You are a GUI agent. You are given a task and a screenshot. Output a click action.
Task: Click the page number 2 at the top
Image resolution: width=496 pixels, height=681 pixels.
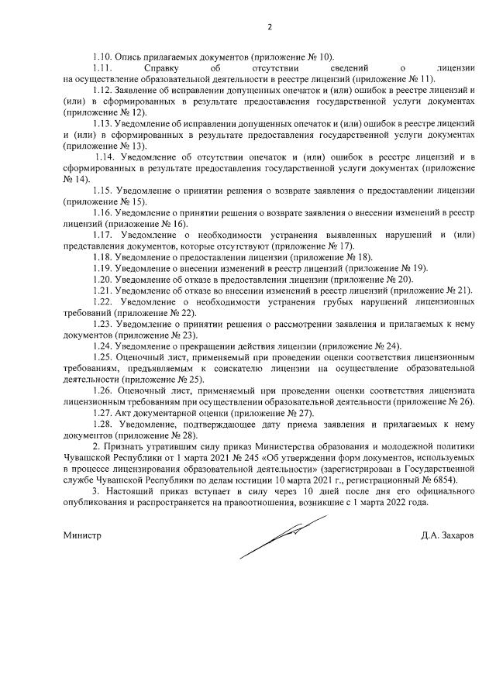click(x=270, y=26)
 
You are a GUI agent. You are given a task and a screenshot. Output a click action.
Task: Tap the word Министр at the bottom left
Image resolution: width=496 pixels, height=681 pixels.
click(x=82, y=535)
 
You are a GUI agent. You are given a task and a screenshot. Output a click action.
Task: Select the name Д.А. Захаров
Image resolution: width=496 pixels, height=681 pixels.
click(x=447, y=535)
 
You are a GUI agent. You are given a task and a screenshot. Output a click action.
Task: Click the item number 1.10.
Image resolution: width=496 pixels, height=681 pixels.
click(x=102, y=57)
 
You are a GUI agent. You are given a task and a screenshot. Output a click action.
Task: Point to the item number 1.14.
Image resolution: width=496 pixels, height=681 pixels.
click(x=107, y=156)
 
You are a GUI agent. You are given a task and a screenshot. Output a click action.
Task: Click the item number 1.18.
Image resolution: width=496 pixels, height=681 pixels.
click(x=103, y=256)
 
